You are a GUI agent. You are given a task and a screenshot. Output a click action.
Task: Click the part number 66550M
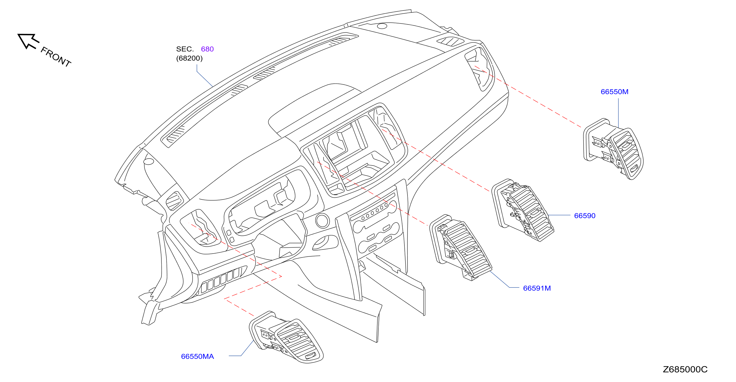coord(614,92)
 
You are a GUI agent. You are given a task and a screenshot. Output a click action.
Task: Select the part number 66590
coord(585,216)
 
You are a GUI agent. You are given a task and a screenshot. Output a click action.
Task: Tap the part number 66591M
coord(537,288)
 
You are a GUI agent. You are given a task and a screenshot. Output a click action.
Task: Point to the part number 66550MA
coord(197,356)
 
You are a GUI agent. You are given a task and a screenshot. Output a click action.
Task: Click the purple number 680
coord(207,49)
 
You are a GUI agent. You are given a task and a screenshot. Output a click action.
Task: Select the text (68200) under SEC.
coord(189,58)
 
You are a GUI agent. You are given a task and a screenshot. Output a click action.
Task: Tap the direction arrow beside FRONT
coord(28,41)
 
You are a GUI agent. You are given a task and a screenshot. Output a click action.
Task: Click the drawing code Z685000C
coord(685,369)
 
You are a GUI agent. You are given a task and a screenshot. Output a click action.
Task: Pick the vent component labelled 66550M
coord(613,149)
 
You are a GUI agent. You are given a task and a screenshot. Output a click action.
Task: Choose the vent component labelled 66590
coord(522,210)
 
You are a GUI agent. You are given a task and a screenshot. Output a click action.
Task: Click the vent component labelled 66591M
coord(461,247)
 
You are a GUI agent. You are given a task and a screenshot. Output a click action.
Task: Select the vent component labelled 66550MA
coord(286,337)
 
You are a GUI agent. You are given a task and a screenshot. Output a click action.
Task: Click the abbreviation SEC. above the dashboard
coord(185,49)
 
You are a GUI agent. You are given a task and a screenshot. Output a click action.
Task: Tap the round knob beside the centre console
coord(322,221)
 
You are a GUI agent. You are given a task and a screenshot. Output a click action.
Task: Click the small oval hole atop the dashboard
coord(382,26)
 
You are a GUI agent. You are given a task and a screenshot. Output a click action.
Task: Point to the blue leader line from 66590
coord(559,215)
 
